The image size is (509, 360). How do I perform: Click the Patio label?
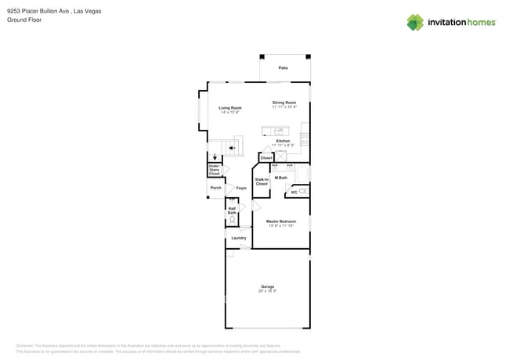coord(283,68)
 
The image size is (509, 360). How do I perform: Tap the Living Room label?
coord(229,108)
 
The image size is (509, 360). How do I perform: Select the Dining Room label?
coord(284,103)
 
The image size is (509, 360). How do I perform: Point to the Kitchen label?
coord(283,141)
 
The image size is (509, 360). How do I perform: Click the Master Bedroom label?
coord(281,221)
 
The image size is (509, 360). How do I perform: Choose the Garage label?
coord(267,286)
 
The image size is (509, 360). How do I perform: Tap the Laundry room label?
coord(239,238)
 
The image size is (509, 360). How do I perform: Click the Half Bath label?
coord(232,211)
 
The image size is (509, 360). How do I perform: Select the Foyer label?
coord(241,188)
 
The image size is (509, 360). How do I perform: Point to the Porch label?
coord(215,188)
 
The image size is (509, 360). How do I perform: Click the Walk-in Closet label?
coord(262,182)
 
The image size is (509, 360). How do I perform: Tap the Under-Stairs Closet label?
coord(214,170)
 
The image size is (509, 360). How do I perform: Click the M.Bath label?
coord(280,178)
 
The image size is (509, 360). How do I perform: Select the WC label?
coord(294,192)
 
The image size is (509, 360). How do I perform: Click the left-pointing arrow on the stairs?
coord(232,147)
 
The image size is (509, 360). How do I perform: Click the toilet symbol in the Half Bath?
coord(233,221)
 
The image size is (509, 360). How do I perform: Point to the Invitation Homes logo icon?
coord(415,23)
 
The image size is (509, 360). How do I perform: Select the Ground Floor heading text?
coord(24,20)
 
